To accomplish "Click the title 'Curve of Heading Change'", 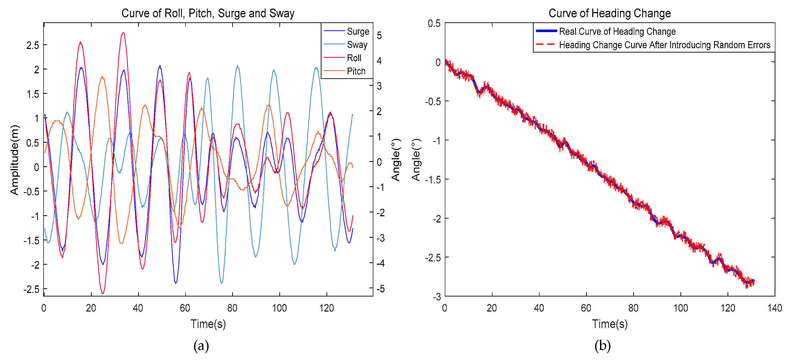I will (x=609, y=13).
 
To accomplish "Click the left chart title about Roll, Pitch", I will (x=208, y=13).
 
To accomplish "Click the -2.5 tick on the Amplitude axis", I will (x=32, y=289).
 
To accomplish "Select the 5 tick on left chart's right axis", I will (x=379, y=36).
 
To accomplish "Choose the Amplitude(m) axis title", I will (x=15, y=160).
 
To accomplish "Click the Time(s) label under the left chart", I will (x=208, y=324).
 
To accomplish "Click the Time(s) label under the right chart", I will (x=609, y=324).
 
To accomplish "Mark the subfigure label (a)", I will (x=201, y=345).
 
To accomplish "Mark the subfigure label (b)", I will (x=602, y=345).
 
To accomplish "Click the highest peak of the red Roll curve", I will (x=123, y=33).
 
